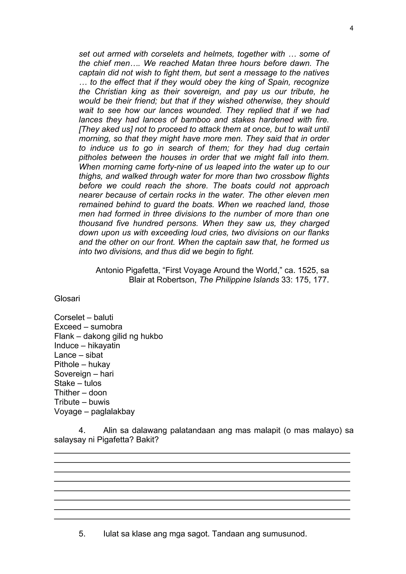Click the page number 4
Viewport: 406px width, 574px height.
(351, 29)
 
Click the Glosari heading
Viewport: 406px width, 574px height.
(67, 298)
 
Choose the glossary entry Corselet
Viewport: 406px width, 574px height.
(69, 318)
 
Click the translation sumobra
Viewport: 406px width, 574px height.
(106, 327)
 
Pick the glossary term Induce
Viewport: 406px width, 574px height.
(66, 346)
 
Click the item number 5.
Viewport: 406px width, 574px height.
(82, 534)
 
